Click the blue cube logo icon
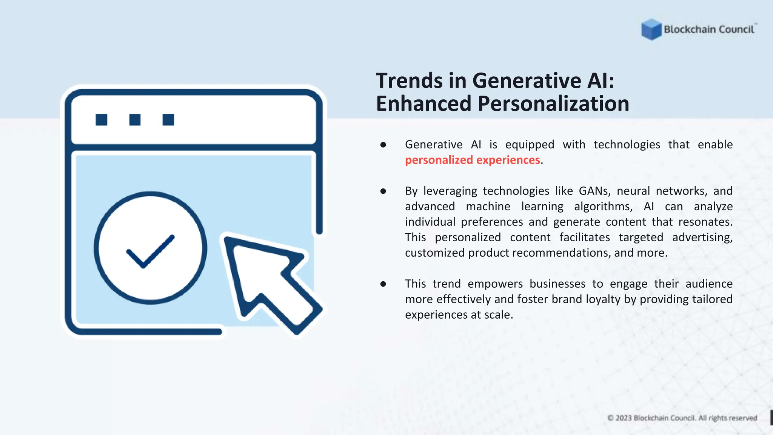tap(651, 29)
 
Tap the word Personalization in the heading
tap(553, 104)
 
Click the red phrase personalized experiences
tap(472, 160)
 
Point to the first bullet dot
tap(383, 145)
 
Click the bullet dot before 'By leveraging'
tap(383, 191)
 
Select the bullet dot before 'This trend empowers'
tap(383, 284)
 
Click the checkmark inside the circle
tap(150, 251)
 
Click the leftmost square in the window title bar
tap(101, 120)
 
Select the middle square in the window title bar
tap(135, 120)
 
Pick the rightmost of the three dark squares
tap(168, 120)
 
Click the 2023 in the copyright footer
tap(624, 418)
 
